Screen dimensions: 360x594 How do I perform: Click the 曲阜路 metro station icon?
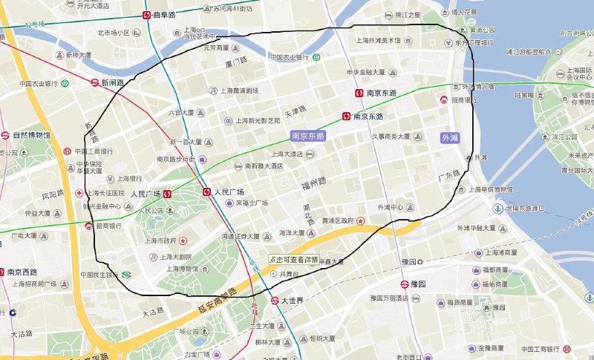147,15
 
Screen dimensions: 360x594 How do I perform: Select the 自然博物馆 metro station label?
31,135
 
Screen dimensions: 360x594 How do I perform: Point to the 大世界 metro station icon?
275,301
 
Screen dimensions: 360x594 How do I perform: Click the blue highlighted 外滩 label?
450,138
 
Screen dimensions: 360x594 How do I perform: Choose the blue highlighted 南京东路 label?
308,137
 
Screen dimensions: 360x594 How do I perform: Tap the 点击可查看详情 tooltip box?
294,261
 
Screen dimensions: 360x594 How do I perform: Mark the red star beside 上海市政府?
183,240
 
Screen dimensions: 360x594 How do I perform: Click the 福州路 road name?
314,181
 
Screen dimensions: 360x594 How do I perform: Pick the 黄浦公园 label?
481,30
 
